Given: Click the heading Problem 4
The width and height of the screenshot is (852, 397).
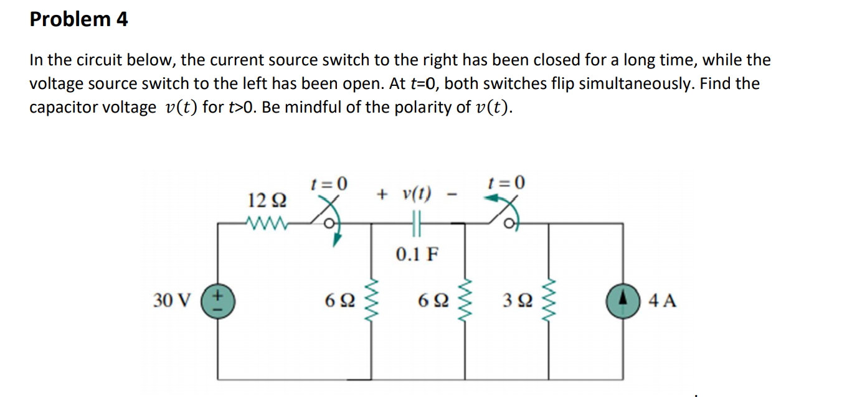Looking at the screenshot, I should (x=78, y=19).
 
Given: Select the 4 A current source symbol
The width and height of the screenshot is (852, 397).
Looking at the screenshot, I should (x=623, y=301).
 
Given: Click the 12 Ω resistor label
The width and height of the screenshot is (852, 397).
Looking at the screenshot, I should (x=267, y=200).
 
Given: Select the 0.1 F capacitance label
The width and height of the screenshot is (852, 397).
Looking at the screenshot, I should (x=417, y=254).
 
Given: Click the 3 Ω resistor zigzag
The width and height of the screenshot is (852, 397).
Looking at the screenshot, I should (x=549, y=301).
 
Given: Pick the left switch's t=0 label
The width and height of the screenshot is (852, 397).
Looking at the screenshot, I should (x=329, y=184).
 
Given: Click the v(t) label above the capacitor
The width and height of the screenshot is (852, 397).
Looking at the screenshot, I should (x=417, y=194).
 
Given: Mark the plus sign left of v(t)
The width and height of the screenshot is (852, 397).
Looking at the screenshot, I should (x=382, y=194).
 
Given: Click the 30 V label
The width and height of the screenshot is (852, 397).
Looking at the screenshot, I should (x=171, y=301).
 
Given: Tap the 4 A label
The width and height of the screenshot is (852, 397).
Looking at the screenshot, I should (x=662, y=301).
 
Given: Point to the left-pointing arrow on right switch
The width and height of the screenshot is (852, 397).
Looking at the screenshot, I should (x=492, y=198).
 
